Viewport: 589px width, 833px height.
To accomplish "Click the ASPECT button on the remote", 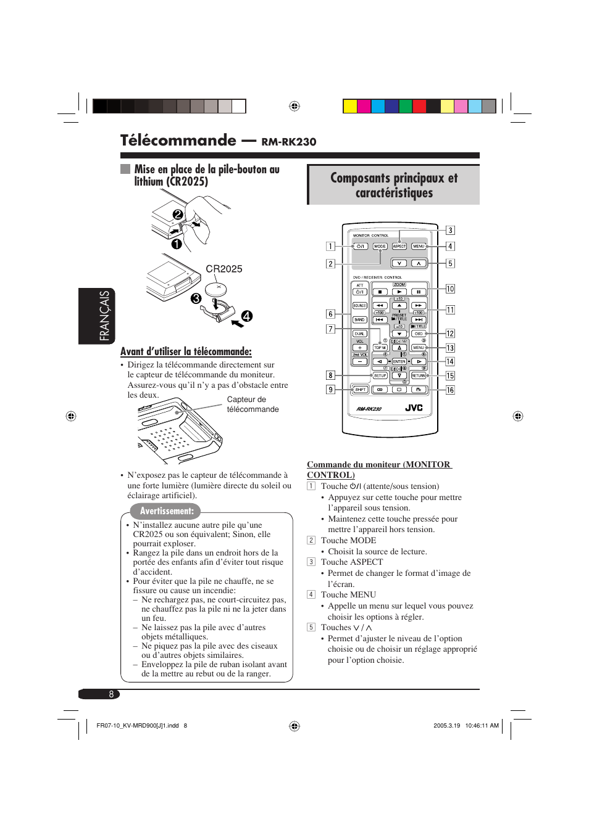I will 399,247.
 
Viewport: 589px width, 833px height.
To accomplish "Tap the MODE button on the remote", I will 380,247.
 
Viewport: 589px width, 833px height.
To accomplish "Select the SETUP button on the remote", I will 380,375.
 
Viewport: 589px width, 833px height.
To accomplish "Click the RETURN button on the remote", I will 419,375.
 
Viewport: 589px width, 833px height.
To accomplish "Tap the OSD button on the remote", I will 419,334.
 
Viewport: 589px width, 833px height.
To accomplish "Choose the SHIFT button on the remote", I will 360,390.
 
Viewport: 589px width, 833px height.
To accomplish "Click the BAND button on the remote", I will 359,320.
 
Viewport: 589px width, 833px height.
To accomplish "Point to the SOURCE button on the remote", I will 359,306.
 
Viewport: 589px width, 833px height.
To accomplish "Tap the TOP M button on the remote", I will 380,348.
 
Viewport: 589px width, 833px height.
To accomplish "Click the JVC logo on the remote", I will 414,408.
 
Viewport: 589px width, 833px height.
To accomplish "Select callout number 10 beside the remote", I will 450,289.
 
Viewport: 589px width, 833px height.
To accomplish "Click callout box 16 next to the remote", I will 450,390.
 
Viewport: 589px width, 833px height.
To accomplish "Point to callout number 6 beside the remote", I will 330,314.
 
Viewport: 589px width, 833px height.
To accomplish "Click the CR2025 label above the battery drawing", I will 223,269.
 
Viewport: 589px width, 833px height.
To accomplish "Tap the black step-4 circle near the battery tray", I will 246,316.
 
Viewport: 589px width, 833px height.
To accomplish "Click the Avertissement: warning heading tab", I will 166,511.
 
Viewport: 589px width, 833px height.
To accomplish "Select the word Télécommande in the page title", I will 178,141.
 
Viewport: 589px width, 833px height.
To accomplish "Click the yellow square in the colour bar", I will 350,106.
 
